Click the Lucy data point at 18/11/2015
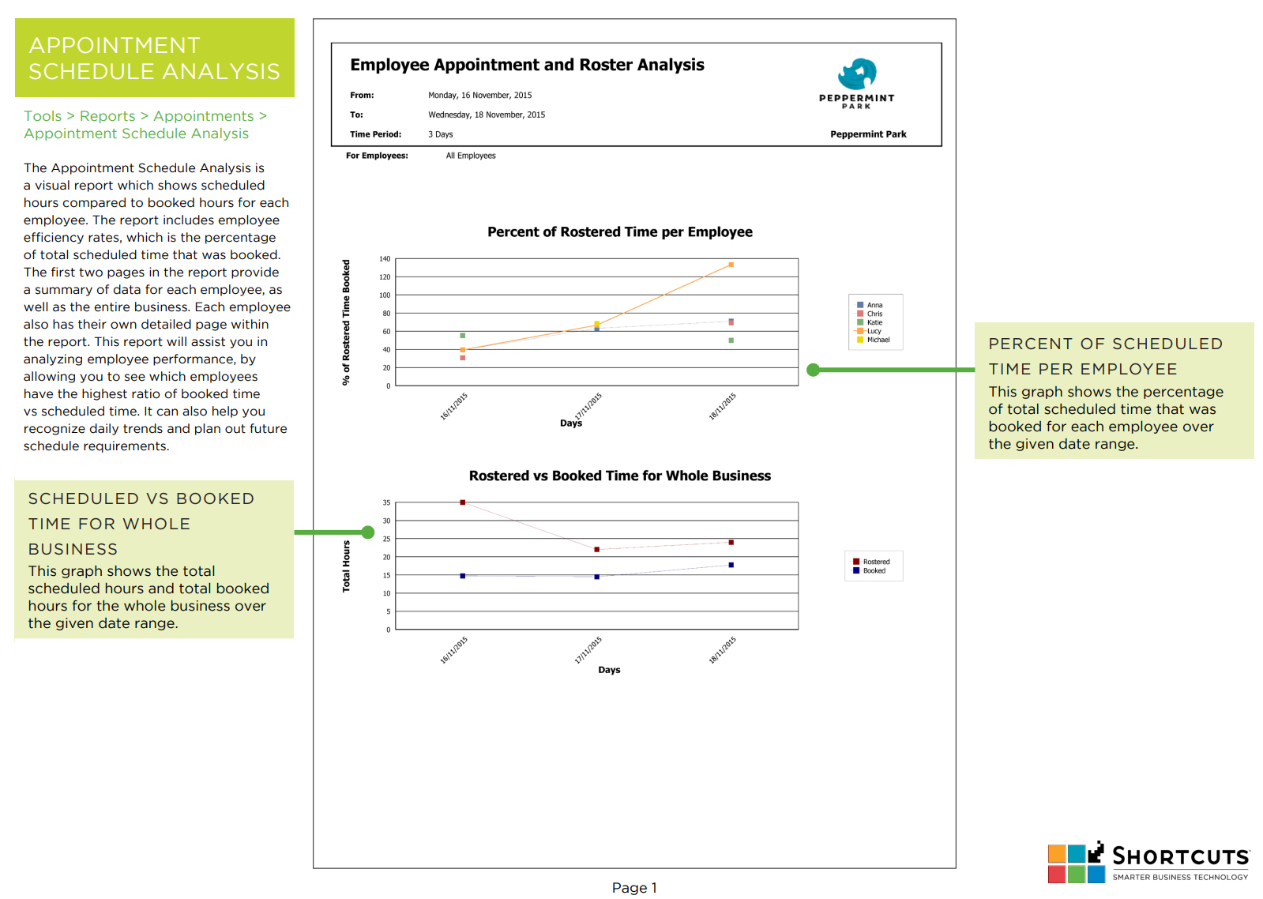click(x=731, y=265)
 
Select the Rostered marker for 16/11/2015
click(x=462, y=502)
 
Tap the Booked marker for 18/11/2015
click(x=731, y=565)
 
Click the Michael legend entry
click(x=873, y=340)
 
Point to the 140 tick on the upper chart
click(x=385, y=259)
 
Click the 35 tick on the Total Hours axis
click(x=386, y=502)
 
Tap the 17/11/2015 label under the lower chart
click(x=588, y=649)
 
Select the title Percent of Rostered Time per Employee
click(x=620, y=231)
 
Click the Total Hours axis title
click(x=346, y=566)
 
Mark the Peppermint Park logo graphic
click(x=857, y=74)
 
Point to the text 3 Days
click(x=441, y=134)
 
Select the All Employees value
click(x=471, y=156)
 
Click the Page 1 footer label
click(x=634, y=888)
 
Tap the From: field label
click(x=362, y=96)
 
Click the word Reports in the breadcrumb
click(x=107, y=116)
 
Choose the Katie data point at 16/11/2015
click(x=462, y=336)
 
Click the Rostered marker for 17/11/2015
click(x=596, y=549)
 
